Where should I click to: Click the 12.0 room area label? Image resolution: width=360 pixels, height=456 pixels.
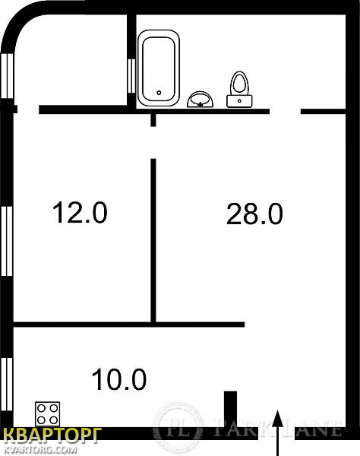(80, 213)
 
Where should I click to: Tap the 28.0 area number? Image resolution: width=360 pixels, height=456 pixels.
(254, 214)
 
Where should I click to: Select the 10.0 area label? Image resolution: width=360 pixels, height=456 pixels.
(118, 379)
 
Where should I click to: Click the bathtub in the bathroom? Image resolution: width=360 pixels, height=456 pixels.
(158, 68)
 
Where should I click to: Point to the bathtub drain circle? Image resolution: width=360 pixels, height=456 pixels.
(159, 93)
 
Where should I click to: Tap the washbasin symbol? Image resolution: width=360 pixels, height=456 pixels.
(201, 100)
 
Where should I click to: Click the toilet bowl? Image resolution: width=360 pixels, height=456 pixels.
(239, 84)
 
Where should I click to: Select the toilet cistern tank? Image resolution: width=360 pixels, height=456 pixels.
(239, 101)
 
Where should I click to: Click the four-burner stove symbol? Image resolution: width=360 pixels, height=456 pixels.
(47, 414)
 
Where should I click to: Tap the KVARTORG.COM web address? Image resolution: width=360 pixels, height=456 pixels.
(41, 450)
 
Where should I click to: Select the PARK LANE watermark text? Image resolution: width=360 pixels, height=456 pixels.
(277, 428)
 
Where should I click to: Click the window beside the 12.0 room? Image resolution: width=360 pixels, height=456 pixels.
(6, 241)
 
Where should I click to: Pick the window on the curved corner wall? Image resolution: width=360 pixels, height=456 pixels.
(7, 76)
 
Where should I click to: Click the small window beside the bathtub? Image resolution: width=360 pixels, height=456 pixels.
(131, 76)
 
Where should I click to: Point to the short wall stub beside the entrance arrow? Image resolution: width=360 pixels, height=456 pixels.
(230, 410)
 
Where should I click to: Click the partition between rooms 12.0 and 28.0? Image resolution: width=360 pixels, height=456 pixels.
(153, 240)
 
